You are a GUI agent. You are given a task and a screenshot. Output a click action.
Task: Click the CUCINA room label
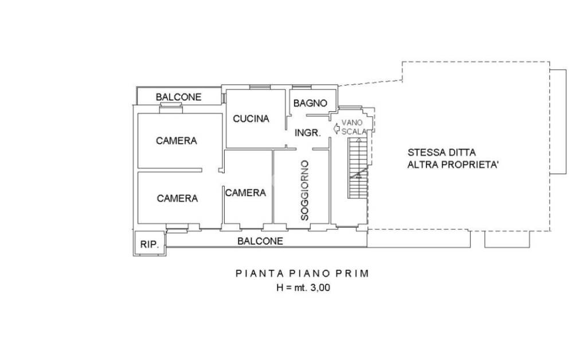coord(251,119)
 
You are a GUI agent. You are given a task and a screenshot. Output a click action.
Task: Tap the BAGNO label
coord(310,103)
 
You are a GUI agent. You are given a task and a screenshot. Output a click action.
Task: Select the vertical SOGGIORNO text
coord(305,190)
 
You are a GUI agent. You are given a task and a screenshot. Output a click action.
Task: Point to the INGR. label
coord(308,132)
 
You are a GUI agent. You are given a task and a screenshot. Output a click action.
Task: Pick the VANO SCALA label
coord(353,127)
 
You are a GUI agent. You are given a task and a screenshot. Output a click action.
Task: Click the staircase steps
coord(358,169)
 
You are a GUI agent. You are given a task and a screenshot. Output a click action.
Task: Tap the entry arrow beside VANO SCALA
coord(336,128)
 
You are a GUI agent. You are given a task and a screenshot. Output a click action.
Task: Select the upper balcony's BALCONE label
coord(179,97)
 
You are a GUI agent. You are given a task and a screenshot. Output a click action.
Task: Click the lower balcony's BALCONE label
coord(260,241)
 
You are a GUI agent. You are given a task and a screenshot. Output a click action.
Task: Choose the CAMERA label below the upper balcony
coord(177,140)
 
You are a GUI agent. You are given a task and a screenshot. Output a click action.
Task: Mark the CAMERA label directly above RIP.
coord(177,198)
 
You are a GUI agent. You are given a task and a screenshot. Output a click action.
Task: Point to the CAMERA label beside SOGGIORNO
coord(245,193)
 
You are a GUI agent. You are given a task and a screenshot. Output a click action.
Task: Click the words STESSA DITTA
coord(442,152)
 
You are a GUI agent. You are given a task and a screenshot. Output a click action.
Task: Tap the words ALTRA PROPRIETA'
coord(453,165)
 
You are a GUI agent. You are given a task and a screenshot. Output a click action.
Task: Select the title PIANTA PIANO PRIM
coord(303,273)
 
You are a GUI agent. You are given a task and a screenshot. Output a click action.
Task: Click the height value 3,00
coord(320,288)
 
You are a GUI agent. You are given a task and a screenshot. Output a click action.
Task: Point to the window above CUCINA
coord(260,88)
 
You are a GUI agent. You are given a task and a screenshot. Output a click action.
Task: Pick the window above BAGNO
coord(302,88)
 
